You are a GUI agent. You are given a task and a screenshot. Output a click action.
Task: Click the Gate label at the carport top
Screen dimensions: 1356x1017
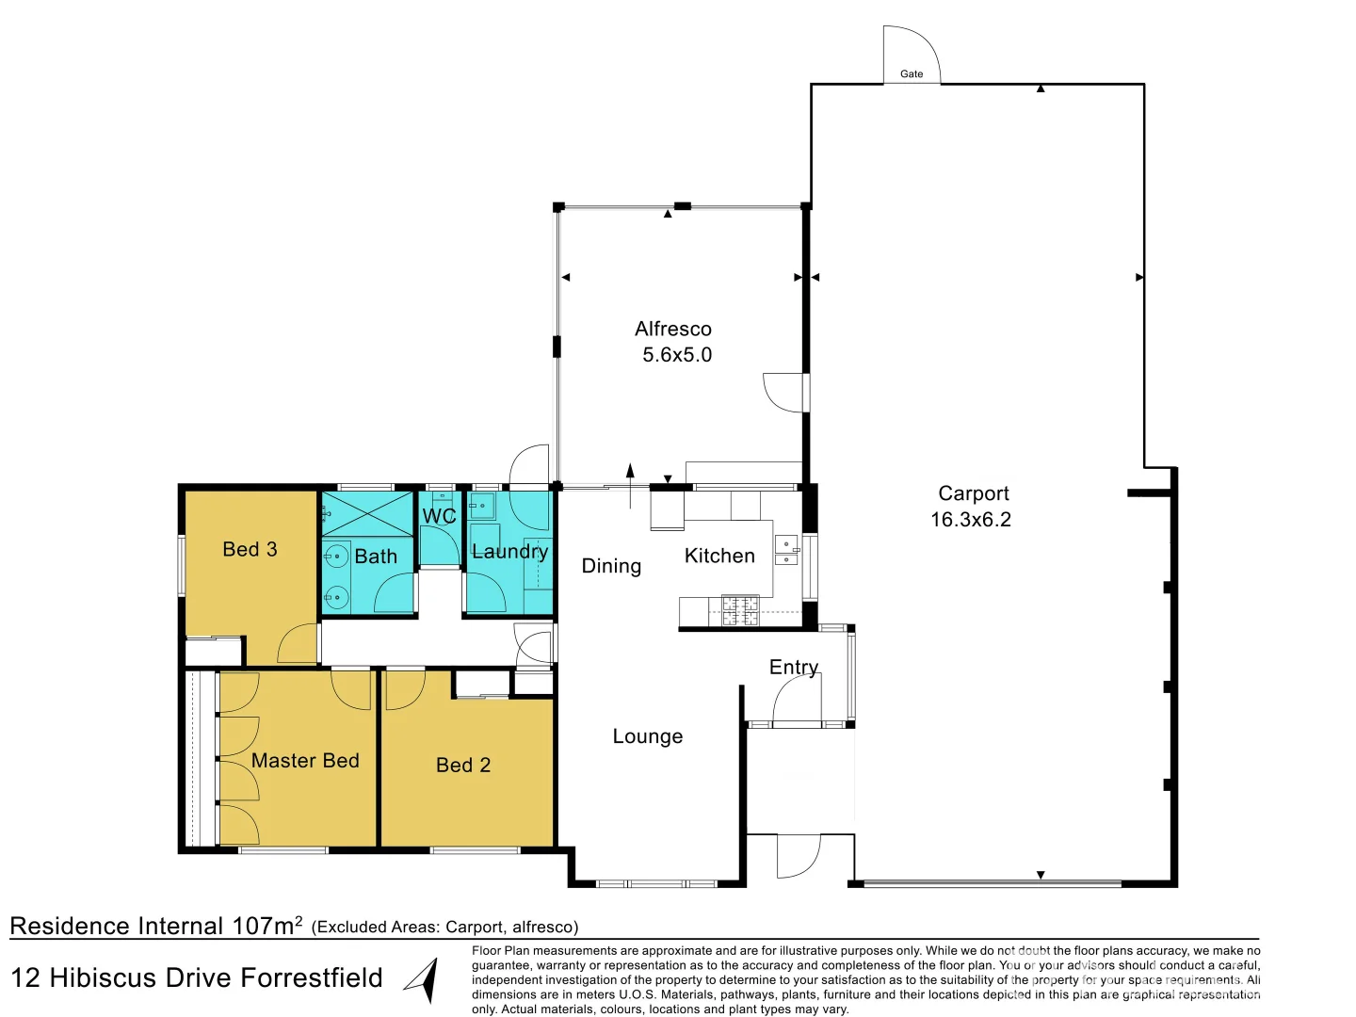912,74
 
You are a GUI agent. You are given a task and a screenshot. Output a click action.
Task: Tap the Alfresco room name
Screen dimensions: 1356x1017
672,329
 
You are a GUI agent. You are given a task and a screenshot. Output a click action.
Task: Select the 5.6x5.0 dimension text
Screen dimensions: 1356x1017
677,355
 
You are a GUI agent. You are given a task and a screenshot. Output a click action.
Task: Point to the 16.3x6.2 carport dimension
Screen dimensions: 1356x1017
971,519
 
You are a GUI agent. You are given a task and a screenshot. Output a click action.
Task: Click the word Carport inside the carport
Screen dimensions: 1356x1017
973,493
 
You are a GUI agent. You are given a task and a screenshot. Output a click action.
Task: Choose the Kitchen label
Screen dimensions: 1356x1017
719,556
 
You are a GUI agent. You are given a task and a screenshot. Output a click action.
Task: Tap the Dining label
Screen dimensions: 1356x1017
611,566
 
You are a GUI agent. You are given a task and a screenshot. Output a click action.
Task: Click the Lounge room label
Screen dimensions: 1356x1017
648,736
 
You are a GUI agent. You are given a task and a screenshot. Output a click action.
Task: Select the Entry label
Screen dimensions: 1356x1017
793,667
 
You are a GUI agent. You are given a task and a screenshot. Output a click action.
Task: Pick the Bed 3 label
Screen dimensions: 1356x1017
250,549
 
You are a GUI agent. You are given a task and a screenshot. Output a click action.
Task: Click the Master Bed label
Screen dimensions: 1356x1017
305,760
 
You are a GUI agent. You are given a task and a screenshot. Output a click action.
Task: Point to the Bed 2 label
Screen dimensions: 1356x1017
462,765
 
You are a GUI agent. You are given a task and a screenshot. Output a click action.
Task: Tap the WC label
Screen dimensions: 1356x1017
439,516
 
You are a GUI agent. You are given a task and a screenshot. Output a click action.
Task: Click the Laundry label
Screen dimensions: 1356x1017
509,551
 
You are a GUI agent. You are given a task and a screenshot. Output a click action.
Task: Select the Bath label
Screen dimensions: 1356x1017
376,557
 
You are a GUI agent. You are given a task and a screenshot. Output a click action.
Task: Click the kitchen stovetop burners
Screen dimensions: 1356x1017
740,610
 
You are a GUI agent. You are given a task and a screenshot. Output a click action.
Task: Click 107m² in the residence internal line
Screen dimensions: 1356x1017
266,926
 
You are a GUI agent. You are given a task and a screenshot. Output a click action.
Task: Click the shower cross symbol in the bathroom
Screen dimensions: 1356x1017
367,514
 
